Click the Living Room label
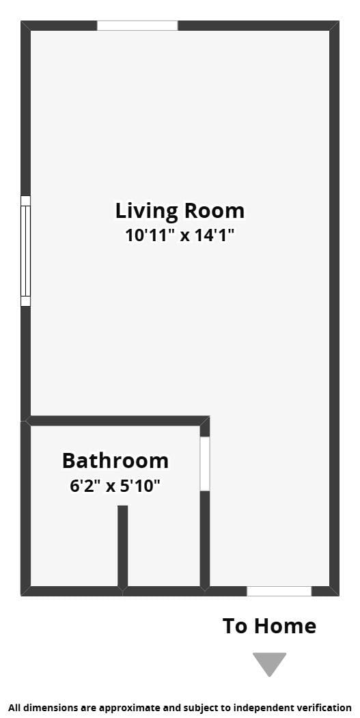coord(180,211)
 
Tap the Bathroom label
coord(115,460)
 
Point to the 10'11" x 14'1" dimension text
coord(180,236)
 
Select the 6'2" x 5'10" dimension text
coord(115,486)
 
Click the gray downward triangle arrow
coord(269,663)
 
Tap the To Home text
coord(269,626)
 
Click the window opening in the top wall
coord(137,26)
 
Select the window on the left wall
coord(26,251)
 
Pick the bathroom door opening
coord(205,464)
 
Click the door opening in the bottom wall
coord(279,591)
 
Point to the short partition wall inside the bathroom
coord(123,547)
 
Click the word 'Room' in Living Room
coord(214,211)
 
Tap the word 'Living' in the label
coord(147,212)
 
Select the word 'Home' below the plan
coord(286,626)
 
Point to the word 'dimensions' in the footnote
coord(43,708)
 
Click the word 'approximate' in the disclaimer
coord(107,708)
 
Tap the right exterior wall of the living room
coord(334,308)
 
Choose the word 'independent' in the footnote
coord(276,708)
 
